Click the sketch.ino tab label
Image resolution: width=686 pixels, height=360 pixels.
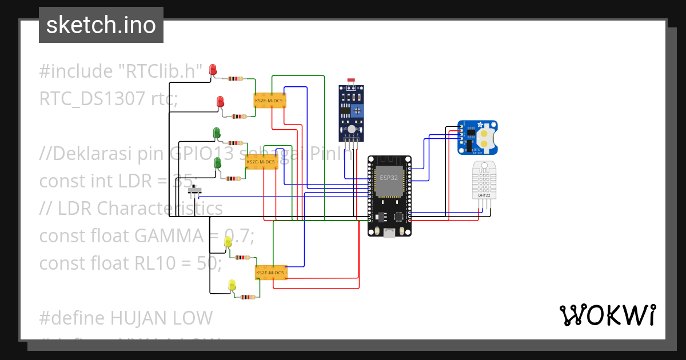pos(101,25)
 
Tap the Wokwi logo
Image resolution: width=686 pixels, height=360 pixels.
pos(607,315)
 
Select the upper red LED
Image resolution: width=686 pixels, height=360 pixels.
pos(213,70)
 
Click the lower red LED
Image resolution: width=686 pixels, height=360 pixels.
pos(220,102)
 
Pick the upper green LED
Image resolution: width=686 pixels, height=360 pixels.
pos(217,133)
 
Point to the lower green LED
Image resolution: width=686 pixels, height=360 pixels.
pos(217,163)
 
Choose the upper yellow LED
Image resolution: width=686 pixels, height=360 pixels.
pos(228,242)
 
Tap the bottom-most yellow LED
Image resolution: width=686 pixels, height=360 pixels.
pos(232,284)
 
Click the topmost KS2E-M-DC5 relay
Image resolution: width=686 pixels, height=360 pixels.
pos(269,101)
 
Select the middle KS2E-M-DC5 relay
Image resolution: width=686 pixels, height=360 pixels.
pos(261,162)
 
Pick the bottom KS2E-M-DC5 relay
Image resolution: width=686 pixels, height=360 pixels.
pos(270,273)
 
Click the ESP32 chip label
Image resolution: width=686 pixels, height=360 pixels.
pos(389,178)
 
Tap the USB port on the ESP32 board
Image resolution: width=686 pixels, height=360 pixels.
pos(389,232)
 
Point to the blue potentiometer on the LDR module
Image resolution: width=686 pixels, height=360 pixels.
pos(357,110)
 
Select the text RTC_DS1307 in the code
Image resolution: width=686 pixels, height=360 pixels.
pos(91,99)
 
